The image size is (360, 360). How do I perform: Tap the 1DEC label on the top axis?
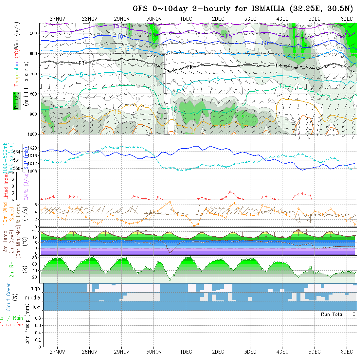point(186,19)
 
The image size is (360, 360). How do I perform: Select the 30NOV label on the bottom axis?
point(154,352)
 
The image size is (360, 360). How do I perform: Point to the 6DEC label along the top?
point(347,19)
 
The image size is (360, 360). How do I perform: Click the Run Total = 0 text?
point(338,314)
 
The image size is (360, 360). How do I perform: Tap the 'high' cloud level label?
point(35,288)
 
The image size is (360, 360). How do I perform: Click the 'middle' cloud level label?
point(33,298)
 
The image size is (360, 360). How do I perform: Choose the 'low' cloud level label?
point(36,307)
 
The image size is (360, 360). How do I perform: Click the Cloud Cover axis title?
point(9,297)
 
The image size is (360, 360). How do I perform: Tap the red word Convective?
point(11,325)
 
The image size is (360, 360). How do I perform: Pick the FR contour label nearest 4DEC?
point(279,66)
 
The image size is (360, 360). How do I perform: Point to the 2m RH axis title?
point(12,269)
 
